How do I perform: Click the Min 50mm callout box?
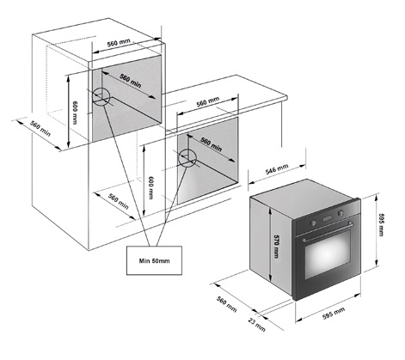[x=154, y=260]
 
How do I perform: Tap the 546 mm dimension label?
[x=277, y=169]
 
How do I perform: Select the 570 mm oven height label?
[x=276, y=247]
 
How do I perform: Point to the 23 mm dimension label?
[x=257, y=324]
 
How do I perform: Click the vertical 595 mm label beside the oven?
[x=380, y=224]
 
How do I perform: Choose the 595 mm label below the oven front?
[x=334, y=313]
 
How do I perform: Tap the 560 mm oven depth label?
[x=226, y=304]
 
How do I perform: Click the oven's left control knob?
[x=314, y=223]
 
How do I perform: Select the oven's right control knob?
[x=341, y=213]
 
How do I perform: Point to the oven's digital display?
[x=328, y=218]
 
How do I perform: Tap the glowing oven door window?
[x=328, y=254]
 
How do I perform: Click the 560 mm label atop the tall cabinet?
[x=119, y=43]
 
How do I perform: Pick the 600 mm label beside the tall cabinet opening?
[x=75, y=113]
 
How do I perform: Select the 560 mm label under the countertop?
[x=208, y=101]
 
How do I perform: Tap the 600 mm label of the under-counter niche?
[x=150, y=187]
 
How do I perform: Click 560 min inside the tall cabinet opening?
[x=131, y=81]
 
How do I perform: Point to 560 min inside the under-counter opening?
[x=211, y=144]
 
